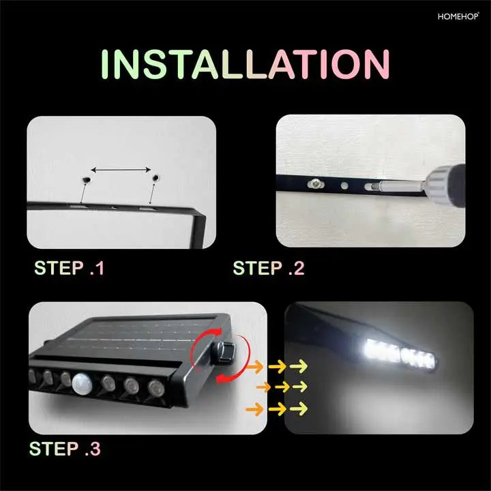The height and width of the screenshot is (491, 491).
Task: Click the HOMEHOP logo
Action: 458,16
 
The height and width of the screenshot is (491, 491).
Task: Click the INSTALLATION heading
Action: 245,64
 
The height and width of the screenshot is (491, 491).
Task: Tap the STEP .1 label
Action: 69,268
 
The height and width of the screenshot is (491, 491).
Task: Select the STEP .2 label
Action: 269,268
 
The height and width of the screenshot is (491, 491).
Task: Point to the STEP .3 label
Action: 65,449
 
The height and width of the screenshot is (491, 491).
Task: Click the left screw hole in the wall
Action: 86,180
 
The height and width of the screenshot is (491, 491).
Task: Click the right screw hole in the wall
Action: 155,178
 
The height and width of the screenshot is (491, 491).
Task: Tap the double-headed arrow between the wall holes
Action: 121,170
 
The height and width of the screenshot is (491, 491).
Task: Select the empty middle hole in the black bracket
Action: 344,185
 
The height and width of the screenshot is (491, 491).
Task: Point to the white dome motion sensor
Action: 82,383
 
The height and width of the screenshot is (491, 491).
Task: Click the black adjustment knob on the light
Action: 224,353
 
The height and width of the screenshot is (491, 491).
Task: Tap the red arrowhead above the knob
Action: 216,333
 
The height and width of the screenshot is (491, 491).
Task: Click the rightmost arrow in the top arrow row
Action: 299,366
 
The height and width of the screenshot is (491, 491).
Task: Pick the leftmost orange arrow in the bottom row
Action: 254,409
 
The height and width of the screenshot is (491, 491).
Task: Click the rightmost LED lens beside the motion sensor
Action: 155,388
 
